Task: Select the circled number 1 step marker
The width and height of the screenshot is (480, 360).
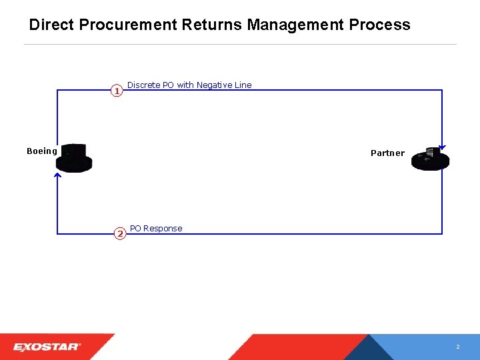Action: click(x=117, y=90)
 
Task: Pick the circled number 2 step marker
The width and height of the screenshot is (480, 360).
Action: click(x=120, y=233)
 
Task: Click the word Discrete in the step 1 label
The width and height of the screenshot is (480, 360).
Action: click(x=144, y=85)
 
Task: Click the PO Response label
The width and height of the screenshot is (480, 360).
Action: click(x=155, y=228)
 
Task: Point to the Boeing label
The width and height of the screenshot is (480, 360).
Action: click(x=42, y=151)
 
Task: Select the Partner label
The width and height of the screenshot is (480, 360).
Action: click(x=387, y=153)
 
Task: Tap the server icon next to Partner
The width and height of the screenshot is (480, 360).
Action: click(x=430, y=159)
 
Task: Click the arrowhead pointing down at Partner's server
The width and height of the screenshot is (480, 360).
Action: click(x=442, y=148)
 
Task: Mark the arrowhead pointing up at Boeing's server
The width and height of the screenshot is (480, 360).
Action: click(x=57, y=175)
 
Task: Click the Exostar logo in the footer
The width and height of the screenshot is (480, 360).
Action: click(x=47, y=347)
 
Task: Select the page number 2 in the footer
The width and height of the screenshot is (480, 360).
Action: click(x=458, y=347)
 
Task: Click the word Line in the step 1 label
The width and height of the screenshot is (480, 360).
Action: click(x=243, y=85)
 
